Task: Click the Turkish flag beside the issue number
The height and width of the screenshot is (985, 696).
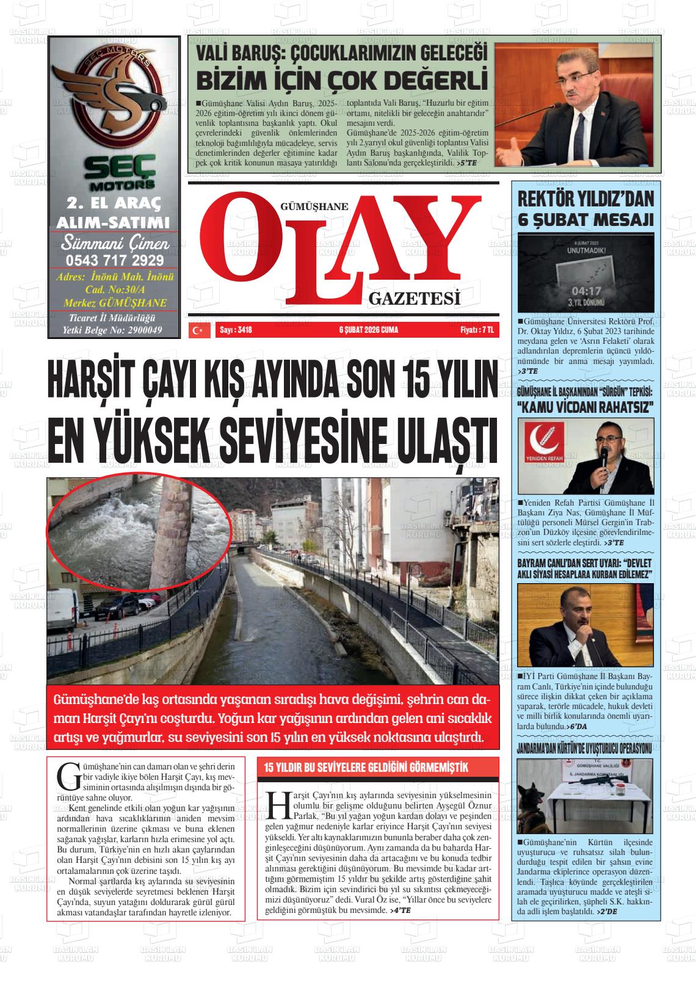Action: (197, 330)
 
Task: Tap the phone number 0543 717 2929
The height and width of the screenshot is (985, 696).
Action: (114, 261)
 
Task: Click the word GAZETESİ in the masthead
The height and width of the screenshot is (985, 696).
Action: (414, 299)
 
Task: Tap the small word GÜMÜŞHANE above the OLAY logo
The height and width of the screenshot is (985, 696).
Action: (314, 206)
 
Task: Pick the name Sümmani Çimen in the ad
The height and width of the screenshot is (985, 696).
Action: (114, 244)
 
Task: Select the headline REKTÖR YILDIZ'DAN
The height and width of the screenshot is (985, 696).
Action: (585, 198)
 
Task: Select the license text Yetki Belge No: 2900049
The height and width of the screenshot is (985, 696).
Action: (114, 330)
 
